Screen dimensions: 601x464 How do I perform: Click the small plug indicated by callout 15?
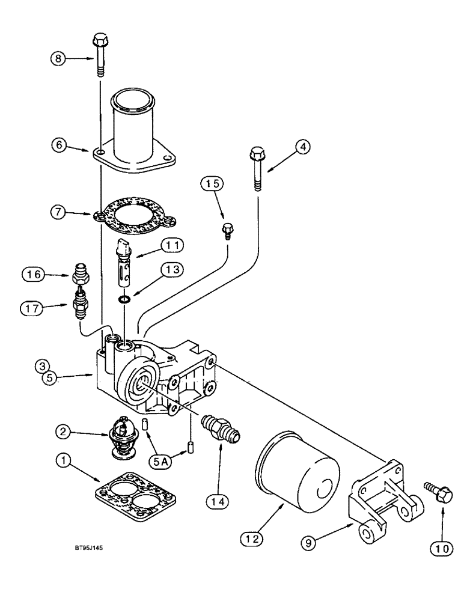point(228,228)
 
